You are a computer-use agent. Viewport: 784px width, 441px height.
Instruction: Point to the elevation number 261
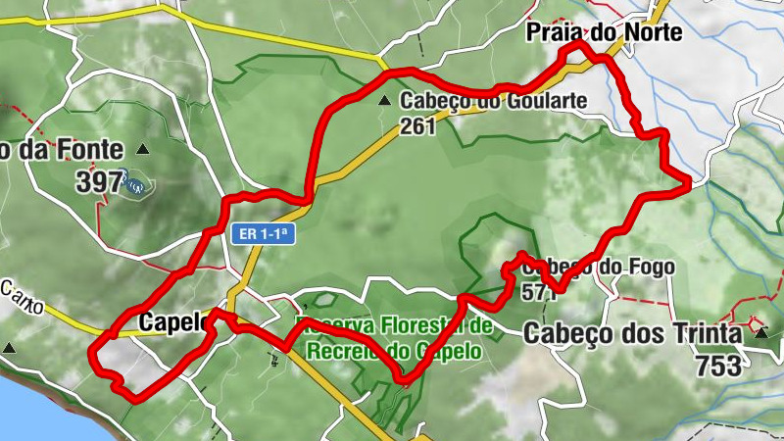416,125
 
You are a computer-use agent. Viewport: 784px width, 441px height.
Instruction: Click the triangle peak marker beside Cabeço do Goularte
386,100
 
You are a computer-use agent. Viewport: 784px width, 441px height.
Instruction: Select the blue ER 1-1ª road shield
264,234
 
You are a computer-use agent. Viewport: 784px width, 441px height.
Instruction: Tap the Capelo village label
173,321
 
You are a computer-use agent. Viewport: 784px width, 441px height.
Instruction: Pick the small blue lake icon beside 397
133,182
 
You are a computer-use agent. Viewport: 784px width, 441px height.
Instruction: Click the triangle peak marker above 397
144,150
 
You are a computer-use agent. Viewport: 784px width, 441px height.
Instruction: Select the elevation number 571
540,291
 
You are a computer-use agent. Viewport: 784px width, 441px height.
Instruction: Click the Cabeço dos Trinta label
632,334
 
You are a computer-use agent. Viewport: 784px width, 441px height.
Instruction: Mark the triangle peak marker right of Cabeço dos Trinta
761,333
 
